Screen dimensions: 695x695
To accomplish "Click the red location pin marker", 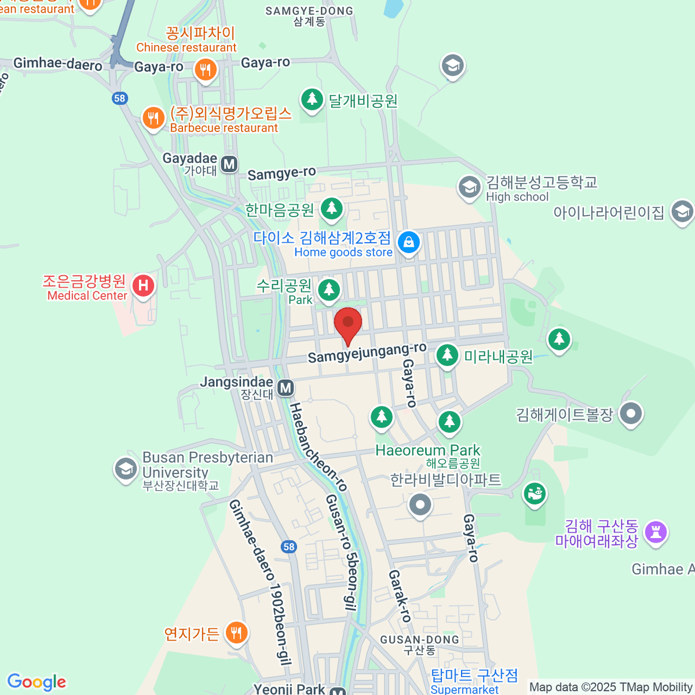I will click(x=348, y=323).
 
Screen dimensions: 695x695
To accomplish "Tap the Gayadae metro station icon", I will click(x=229, y=164).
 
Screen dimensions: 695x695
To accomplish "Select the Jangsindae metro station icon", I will click(x=286, y=387).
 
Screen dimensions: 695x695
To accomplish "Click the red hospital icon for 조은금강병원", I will click(x=143, y=285).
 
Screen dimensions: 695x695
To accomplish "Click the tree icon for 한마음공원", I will click(x=332, y=208).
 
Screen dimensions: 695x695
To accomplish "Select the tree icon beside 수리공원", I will click(x=329, y=289).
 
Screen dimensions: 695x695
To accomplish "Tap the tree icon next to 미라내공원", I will click(x=447, y=354).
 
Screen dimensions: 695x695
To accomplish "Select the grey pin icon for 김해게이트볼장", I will click(x=631, y=414).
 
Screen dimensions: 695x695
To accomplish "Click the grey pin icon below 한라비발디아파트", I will click(x=420, y=504).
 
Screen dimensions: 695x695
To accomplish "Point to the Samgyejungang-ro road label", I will click(x=367, y=353).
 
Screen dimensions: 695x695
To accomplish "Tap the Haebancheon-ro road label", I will click(x=318, y=447).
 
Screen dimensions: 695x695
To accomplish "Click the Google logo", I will click(x=36, y=682).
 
